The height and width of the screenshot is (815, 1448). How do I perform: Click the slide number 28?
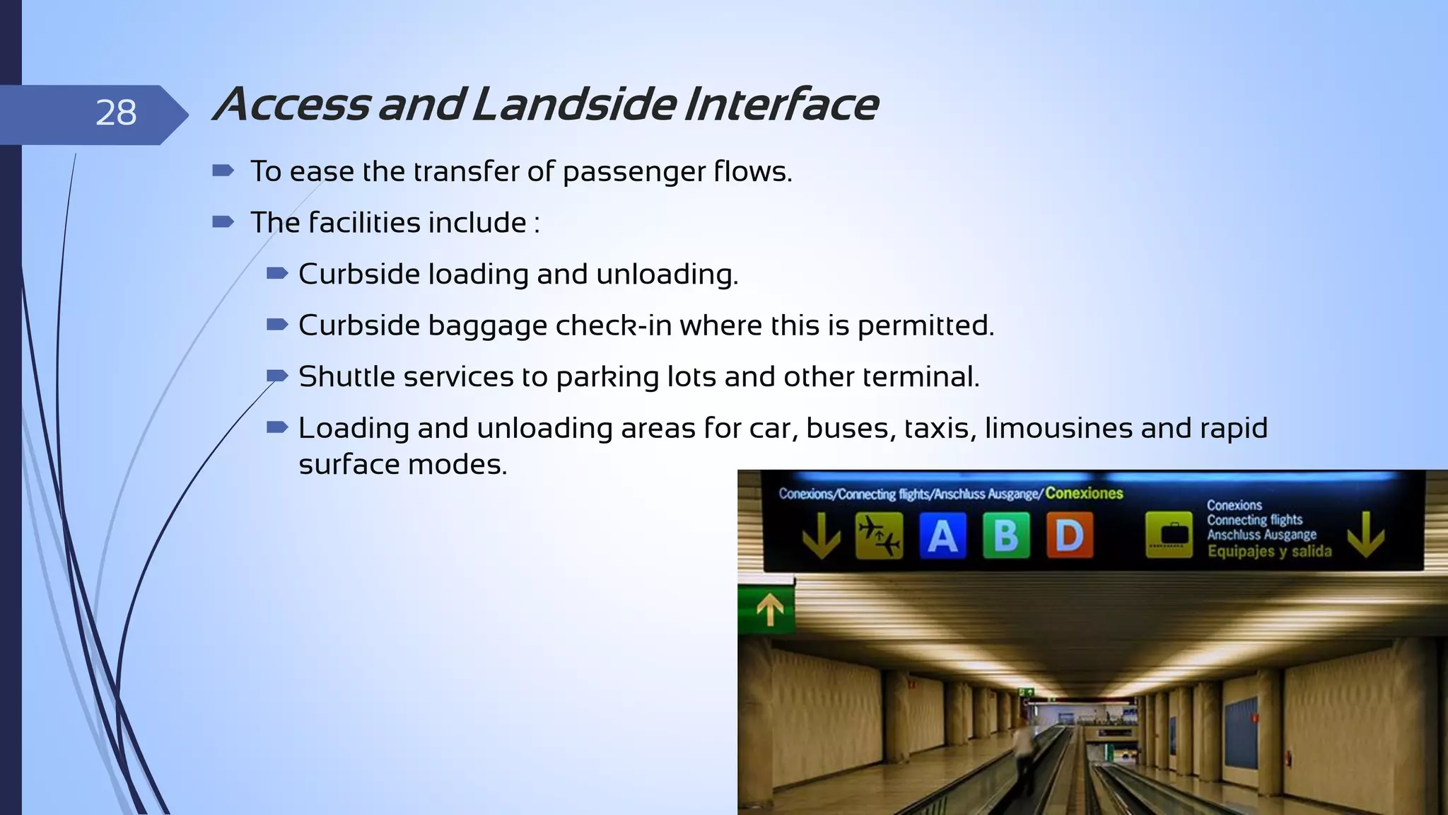[x=116, y=113]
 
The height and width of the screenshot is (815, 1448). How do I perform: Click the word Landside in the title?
[x=573, y=105]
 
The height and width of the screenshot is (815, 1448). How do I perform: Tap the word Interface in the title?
[x=781, y=105]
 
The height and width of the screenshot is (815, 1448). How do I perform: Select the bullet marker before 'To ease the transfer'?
[x=223, y=170]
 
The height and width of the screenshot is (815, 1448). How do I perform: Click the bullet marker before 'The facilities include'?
[x=223, y=222]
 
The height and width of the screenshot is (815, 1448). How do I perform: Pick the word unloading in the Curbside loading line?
[x=667, y=274]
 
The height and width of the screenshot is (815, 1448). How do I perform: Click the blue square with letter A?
[x=942, y=536]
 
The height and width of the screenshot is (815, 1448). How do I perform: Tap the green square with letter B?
[x=1006, y=536]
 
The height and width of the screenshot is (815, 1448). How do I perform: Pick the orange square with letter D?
[x=1069, y=536]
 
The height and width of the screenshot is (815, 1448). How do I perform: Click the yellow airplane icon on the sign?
[x=879, y=536]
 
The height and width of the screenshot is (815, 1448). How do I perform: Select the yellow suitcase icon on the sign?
[x=1169, y=536]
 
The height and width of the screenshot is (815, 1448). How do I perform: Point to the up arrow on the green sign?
[x=770, y=609]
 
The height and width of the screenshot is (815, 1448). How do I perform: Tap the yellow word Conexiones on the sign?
[x=1084, y=493]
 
